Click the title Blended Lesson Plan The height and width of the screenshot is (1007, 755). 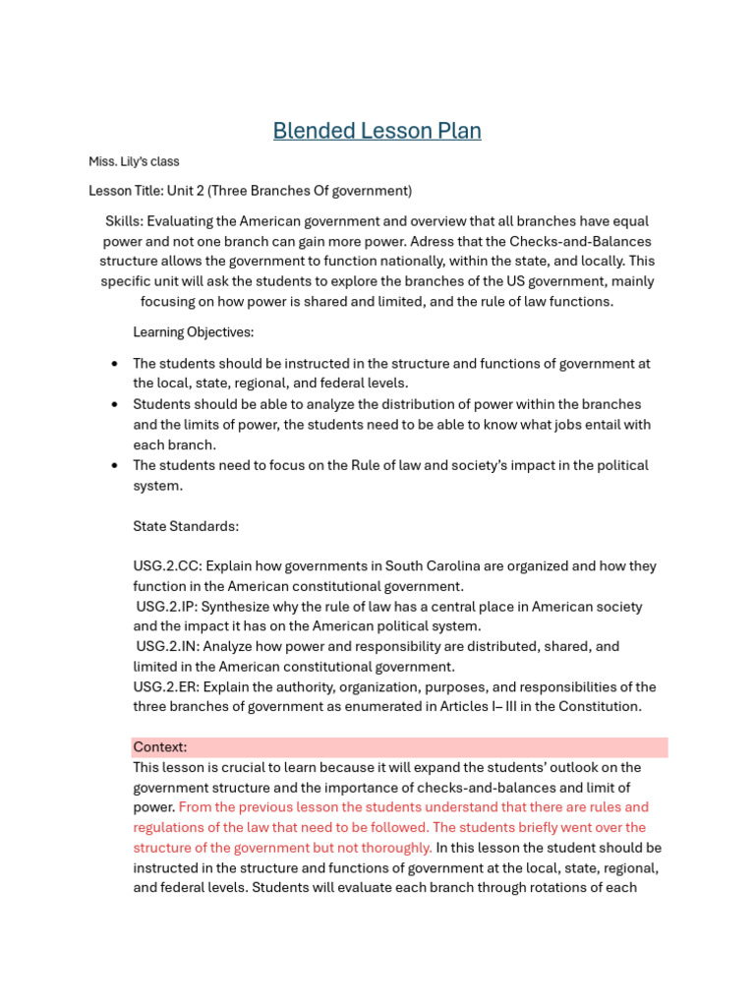click(377, 131)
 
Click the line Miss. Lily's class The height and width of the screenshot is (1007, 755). click(134, 161)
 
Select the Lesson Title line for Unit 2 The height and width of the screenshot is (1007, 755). click(250, 191)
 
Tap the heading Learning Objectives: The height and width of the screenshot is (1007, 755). click(193, 332)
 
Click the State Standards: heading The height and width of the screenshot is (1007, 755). click(186, 526)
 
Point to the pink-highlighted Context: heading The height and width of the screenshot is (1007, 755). click(160, 747)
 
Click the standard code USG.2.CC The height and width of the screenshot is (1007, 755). click(165, 566)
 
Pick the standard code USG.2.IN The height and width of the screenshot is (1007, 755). click(167, 647)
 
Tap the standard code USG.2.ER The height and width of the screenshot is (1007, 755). click(166, 687)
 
